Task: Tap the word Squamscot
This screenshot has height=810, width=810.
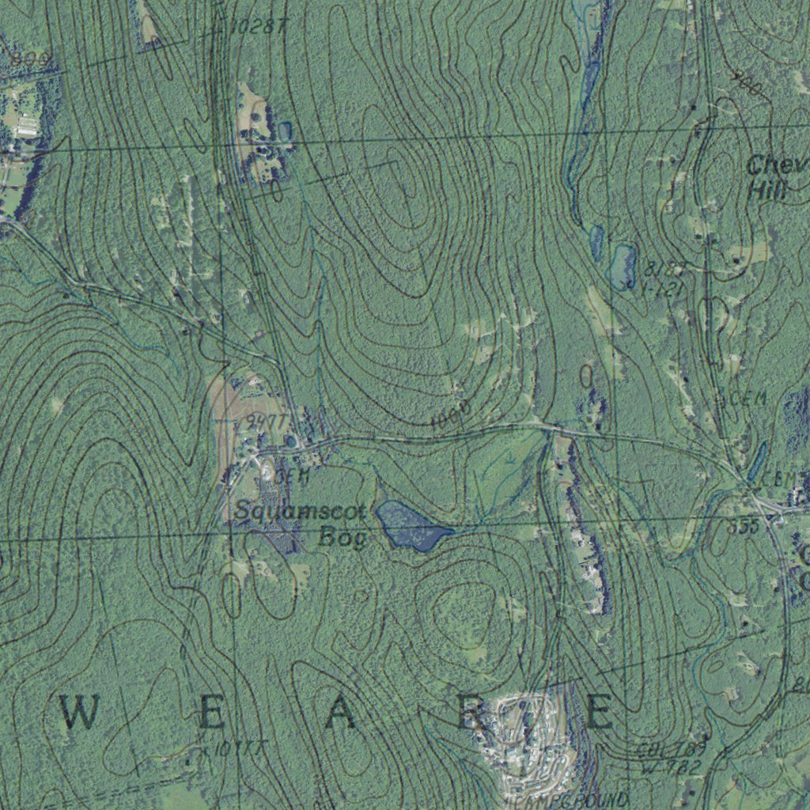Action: click(x=301, y=513)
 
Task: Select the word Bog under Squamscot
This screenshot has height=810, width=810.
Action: click(x=343, y=539)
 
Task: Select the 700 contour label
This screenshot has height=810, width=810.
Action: click(x=747, y=85)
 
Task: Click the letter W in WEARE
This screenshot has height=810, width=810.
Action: click(x=79, y=713)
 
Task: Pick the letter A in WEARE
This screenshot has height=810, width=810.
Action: click(x=341, y=713)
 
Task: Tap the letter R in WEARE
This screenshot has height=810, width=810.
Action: click(x=475, y=713)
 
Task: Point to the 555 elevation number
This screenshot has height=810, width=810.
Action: click(x=744, y=526)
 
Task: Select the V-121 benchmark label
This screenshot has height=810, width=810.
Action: click(x=661, y=290)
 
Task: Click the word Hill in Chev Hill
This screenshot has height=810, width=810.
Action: click(x=767, y=191)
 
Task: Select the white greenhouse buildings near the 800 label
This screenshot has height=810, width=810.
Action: click(x=27, y=124)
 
